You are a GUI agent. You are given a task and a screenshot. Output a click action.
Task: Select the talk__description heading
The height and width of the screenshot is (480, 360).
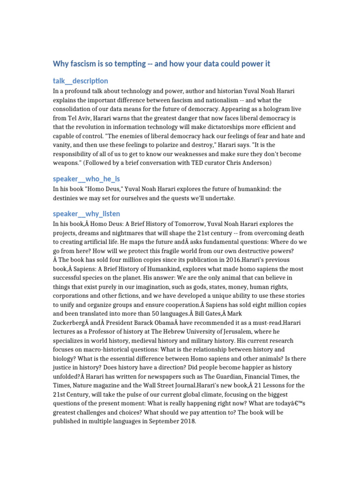coord(80,81)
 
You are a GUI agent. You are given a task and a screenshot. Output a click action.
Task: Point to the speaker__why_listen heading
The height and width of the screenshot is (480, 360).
coord(86,214)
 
